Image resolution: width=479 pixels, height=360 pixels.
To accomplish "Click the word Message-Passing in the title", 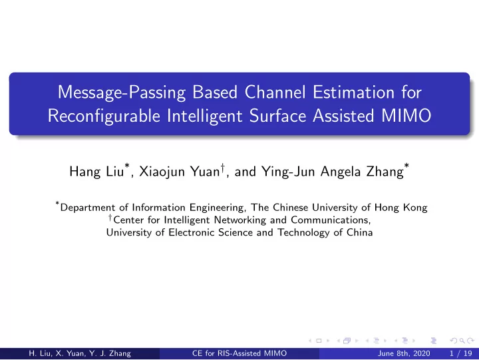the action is click(122, 92).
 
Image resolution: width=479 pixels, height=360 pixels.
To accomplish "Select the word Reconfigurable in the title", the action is click(104, 116).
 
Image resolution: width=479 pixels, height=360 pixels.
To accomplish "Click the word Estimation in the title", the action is click(353, 92).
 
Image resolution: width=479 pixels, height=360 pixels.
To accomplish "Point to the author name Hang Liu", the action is click(96, 172).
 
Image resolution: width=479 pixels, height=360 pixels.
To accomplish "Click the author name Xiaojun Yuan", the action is click(180, 172).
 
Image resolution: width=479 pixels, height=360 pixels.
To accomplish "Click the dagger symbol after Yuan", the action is click(223, 167).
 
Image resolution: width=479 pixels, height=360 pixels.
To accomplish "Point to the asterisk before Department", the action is click(57, 203).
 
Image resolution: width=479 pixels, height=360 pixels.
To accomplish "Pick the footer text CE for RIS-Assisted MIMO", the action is click(239, 353).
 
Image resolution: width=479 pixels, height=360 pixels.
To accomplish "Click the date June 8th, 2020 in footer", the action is click(404, 353).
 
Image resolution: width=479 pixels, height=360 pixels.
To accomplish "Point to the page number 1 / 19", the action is click(461, 353).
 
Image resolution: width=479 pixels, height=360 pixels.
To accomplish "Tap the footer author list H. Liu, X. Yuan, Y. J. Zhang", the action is click(80, 353).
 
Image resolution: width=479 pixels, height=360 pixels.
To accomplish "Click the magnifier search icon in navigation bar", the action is click(462, 341).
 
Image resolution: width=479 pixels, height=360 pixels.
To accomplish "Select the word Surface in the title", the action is click(277, 116).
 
